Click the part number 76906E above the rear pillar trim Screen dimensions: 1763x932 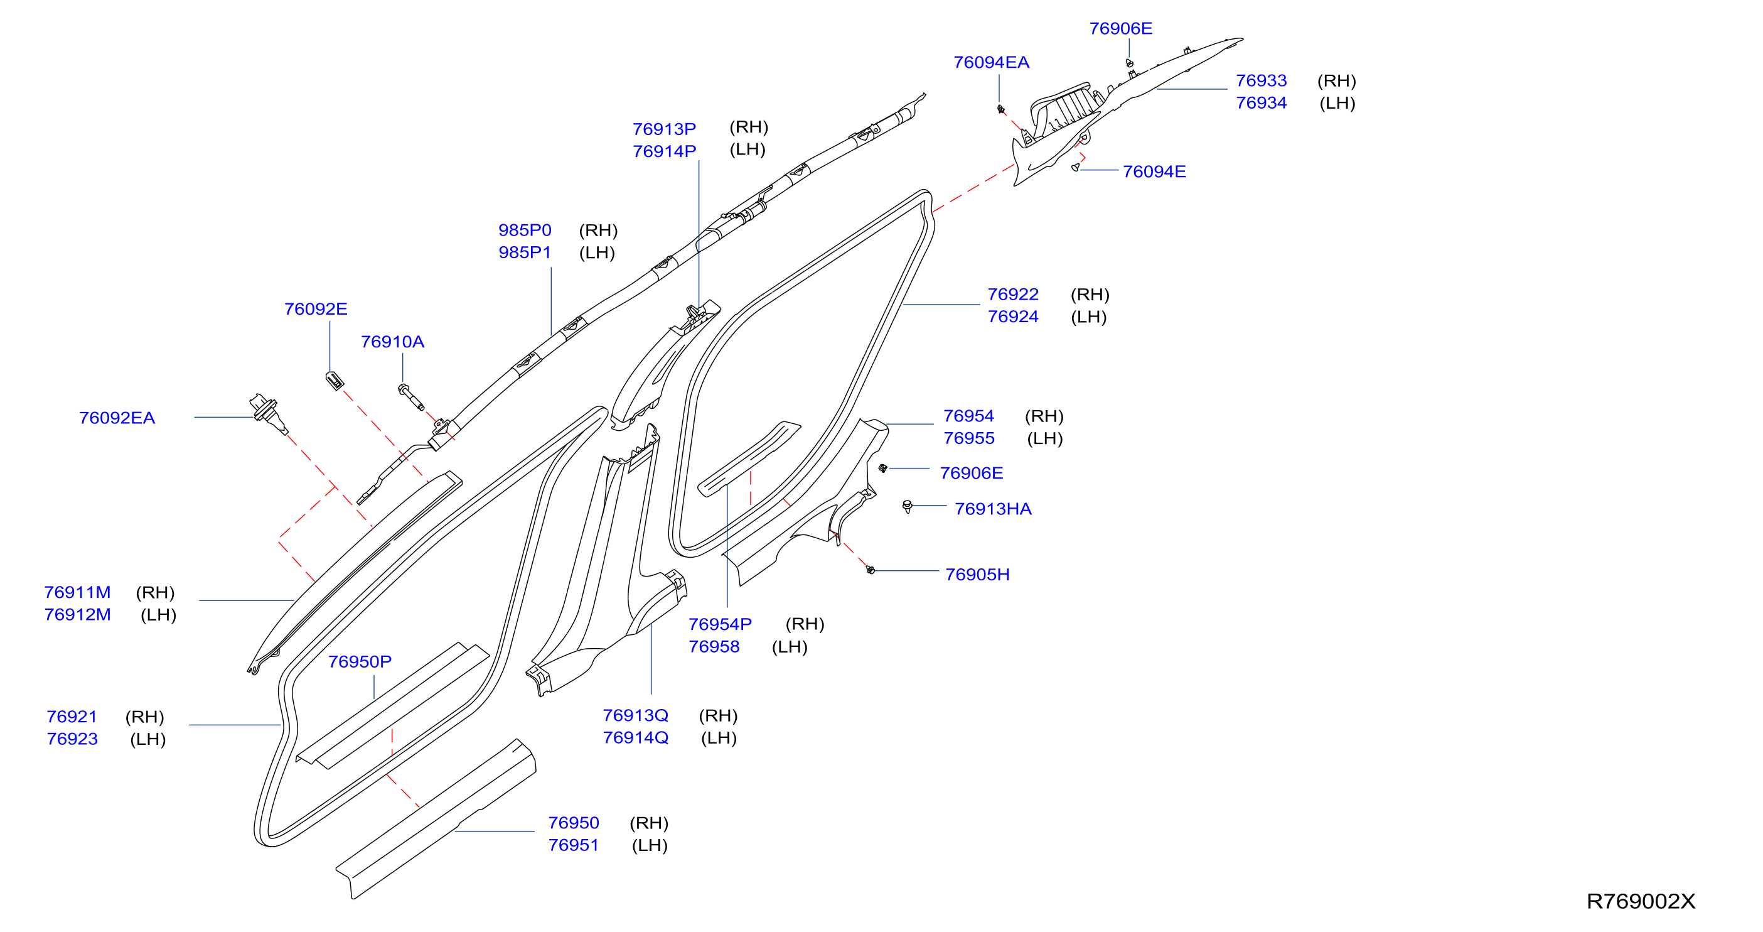(x=1120, y=29)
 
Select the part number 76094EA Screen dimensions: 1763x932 (x=991, y=62)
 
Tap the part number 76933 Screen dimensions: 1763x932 (x=1261, y=81)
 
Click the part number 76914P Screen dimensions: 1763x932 (x=664, y=151)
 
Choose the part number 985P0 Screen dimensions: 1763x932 (x=524, y=230)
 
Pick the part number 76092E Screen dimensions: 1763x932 (x=316, y=309)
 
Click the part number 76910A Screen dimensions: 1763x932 (x=392, y=342)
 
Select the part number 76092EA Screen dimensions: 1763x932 (x=117, y=418)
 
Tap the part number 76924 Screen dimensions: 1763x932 (x=1013, y=317)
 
